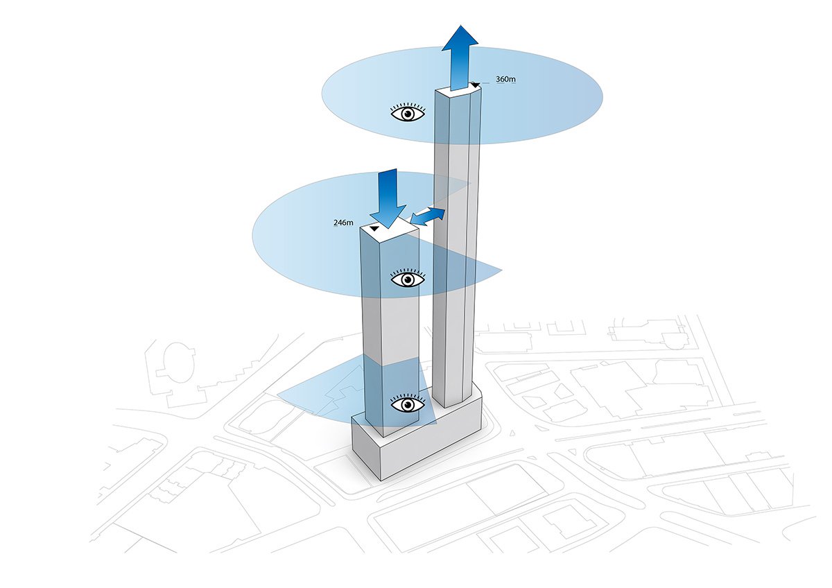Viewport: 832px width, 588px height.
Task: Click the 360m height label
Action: click(506, 80)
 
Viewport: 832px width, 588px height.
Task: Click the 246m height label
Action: click(344, 223)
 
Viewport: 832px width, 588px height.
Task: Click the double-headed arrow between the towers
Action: click(428, 216)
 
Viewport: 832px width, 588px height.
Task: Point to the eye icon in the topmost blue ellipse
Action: click(408, 113)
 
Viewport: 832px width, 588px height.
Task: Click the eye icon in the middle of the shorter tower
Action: click(408, 279)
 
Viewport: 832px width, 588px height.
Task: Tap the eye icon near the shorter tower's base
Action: click(408, 404)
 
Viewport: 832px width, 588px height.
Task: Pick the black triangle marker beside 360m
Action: click(475, 85)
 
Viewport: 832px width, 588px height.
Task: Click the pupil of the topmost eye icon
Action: click(408, 113)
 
